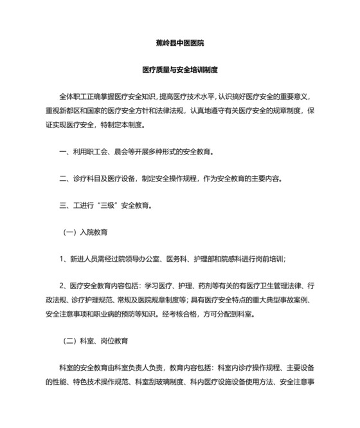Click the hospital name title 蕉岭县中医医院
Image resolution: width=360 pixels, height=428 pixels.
180,43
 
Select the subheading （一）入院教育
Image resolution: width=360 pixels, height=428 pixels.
84,232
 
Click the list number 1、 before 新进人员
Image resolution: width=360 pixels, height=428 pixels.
63,259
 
